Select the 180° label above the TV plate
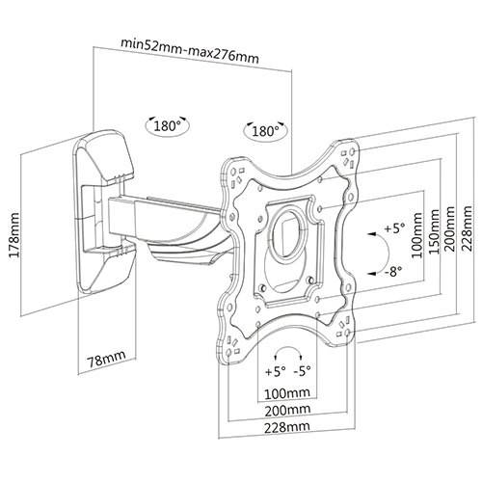266,130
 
